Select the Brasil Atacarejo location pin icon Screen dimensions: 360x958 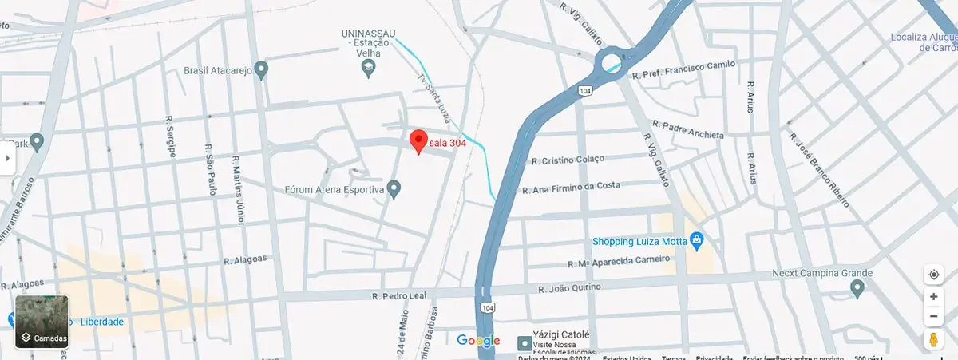260,70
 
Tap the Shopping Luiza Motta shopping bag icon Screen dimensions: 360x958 696,239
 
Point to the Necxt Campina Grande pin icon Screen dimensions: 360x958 857,287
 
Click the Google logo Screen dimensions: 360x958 478,341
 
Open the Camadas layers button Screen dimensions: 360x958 42,322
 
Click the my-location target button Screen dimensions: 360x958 933,275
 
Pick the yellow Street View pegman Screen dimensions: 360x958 933,339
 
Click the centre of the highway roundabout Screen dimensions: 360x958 613,61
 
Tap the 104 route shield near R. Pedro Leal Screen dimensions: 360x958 486,307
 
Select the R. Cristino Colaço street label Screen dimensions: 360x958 568,160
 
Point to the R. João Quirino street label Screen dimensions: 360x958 569,287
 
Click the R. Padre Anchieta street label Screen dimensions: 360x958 687,130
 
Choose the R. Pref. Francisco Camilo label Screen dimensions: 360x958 683,72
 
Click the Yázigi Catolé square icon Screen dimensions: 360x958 525,343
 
